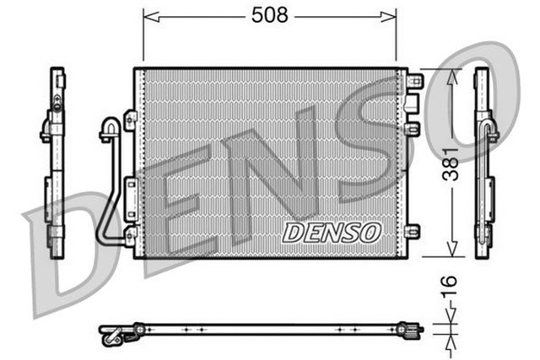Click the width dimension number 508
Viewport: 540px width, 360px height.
point(269,14)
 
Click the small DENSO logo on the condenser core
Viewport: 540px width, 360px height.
point(332,232)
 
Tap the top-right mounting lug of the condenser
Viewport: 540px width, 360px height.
point(414,80)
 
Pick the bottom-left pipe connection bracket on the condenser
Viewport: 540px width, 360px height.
point(131,234)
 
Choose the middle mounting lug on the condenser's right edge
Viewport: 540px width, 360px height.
point(413,128)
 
